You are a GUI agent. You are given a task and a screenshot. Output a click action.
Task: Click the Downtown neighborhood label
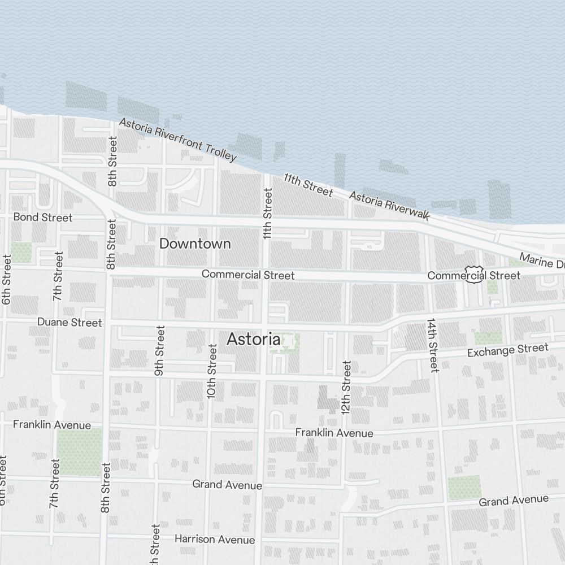point(195,244)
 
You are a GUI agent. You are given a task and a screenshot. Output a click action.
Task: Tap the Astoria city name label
point(254,339)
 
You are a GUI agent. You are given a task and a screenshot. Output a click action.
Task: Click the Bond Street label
point(43,217)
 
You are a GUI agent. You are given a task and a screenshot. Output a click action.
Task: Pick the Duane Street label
point(69,322)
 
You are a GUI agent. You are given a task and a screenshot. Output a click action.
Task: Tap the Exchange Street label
point(507,350)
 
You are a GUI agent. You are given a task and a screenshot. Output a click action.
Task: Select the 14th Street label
point(432,345)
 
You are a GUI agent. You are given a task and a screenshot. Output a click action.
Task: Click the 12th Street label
point(346,387)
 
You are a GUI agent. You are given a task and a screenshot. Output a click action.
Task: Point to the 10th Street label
point(212,371)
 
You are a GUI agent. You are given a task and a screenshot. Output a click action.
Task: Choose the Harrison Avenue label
point(214,539)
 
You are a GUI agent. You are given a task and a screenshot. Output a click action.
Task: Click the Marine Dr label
point(541,261)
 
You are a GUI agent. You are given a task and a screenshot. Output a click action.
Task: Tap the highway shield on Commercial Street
point(473,274)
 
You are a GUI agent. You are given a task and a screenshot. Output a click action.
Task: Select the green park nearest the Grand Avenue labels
point(464,488)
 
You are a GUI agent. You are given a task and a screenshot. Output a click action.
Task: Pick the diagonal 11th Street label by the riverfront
point(308,185)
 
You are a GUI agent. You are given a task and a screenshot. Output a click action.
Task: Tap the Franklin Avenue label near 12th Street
point(334,433)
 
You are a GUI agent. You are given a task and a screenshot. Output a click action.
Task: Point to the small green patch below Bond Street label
point(21,252)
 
